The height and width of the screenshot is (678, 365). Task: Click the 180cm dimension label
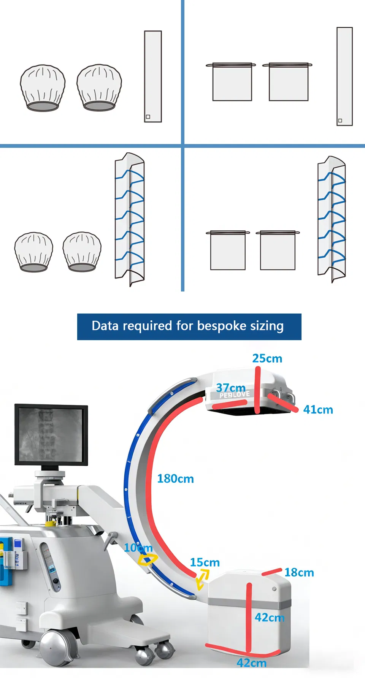[175, 478]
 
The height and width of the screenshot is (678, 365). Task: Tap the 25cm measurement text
[267, 358]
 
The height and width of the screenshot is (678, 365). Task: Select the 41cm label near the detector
[318, 410]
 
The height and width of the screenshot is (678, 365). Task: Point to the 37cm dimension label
[231, 388]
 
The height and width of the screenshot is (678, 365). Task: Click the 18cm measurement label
[299, 572]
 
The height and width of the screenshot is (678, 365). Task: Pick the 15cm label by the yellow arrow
[205, 562]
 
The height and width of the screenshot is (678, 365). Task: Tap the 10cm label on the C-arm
[138, 548]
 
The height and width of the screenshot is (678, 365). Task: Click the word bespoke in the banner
[222, 326]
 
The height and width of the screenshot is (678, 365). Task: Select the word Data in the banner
[105, 326]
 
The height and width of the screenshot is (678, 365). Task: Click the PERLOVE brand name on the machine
[235, 395]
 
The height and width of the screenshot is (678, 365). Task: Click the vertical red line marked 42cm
[249, 616]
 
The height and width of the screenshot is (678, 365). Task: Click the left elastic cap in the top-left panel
[43, 88]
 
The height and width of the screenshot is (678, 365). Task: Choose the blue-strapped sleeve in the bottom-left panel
[130, 219]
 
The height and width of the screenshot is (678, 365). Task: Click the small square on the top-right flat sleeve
[340, 120]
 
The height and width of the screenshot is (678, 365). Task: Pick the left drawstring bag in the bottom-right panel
[228, 250]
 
